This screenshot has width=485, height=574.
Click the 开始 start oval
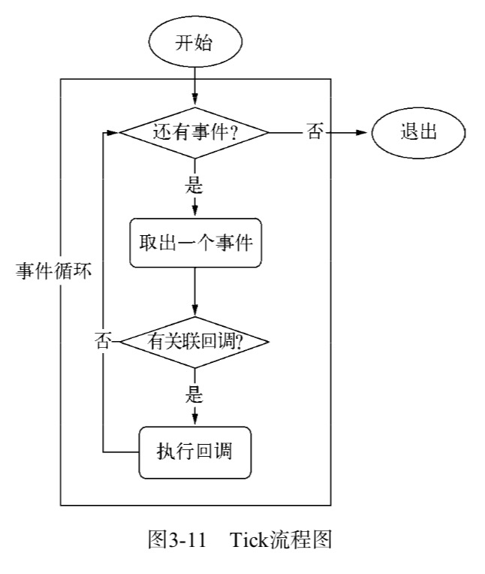coord(194,43)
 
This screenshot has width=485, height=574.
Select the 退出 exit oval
coord(419,133)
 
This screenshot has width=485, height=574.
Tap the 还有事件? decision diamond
coord(194,133)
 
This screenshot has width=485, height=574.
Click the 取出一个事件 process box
coord(194,243)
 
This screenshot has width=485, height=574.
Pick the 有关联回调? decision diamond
coord(194,342)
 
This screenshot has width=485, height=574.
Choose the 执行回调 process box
coord(194,451)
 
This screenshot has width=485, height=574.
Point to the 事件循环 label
coord(54,271)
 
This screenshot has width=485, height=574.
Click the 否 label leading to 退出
coord(315,133)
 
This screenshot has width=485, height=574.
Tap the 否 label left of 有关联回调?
coord(102,342)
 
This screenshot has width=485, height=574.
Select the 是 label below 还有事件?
coord(194,182)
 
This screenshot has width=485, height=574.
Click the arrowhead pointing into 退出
coord(367,133)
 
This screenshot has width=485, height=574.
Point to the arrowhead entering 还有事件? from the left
coord(113,133)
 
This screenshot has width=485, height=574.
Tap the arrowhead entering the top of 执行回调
coord(194,418)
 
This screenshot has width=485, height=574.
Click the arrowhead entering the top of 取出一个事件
coord(194,210)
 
